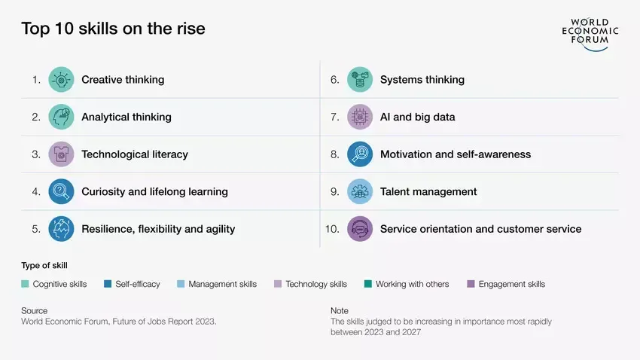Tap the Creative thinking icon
coord(61,80)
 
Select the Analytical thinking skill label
coord(126,117)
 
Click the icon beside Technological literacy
coord(61,154)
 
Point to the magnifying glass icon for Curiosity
coord(61,191)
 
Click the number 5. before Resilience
coord(36,229)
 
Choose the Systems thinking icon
coord(360,80)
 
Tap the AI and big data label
coord(418,117)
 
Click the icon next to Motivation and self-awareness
coord(360,154)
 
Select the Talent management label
coord(428,192)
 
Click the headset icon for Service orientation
coord(360,229)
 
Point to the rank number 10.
coord(332,229)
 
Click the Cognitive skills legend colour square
coord(25,284)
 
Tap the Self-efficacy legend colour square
coord(108,284)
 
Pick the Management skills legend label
coord(222,284)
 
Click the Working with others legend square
coord(367,284)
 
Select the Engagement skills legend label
coord(512,284)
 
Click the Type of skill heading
coord(44,266)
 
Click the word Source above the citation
coord(35,310)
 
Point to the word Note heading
coord(340,310)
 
